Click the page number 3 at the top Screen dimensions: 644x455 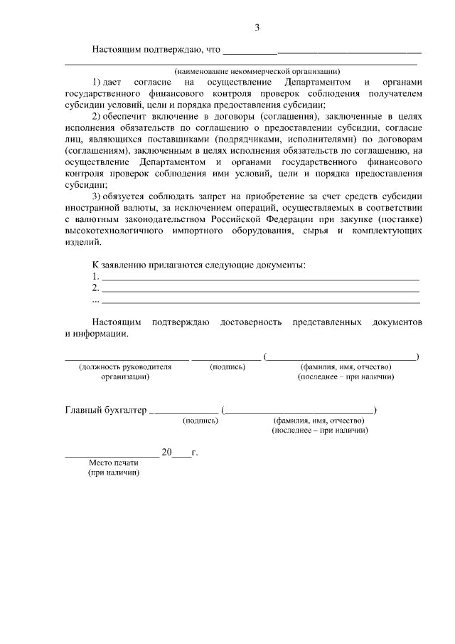click(x=258, y=28)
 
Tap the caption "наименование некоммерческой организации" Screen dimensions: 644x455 click(x=257, y=70)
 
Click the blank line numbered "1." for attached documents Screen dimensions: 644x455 click(x=260, y=276)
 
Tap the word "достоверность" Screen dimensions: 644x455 click(x=251, y=322)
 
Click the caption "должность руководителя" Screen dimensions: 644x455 click(x=125, y=366)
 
